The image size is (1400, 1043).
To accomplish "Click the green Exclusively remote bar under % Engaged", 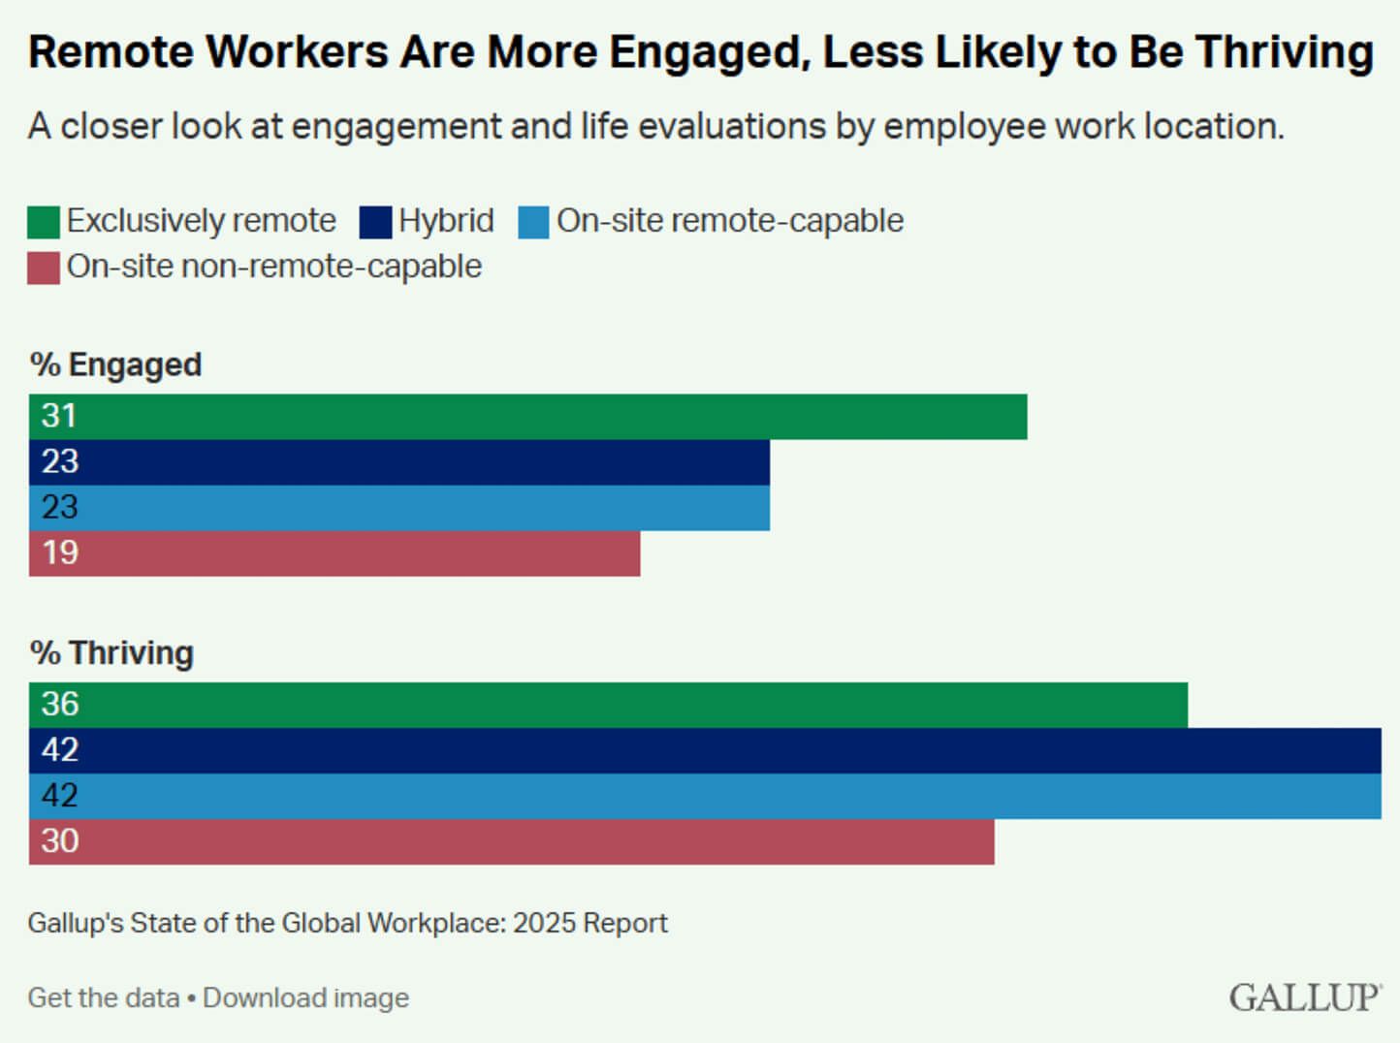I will (528, 417).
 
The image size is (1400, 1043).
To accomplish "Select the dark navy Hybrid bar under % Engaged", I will (399, 462).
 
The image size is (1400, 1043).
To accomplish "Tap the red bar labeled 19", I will (334, 553).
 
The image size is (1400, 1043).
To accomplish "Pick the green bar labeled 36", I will (608, 705).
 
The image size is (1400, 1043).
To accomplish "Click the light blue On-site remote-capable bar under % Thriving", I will (705, 796).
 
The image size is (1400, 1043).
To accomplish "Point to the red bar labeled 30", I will (511, 841).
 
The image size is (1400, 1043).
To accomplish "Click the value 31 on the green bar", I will (59, 416).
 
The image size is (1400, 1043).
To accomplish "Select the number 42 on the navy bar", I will (59, 749).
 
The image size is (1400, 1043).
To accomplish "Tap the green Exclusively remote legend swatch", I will (44, 222).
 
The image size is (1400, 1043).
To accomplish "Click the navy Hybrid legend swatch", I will (375, 222).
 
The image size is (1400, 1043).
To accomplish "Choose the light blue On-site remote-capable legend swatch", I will (533, 222).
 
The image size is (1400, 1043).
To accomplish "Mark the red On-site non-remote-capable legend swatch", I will (44, 268).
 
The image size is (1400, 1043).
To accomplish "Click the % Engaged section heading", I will (115, 364).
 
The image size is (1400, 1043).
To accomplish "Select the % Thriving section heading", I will (111, 652).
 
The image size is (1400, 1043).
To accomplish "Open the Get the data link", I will (104, 997).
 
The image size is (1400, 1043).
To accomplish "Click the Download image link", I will (305, 997).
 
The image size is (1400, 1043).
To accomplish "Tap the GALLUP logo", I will (1305, 997).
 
